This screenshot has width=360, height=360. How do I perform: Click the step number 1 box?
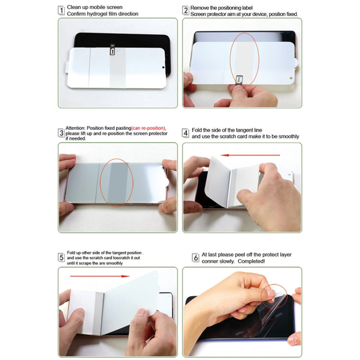coord(61,10)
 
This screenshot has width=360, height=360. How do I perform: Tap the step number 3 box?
coord(61,132)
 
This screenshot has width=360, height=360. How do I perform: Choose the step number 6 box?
coord(195,258)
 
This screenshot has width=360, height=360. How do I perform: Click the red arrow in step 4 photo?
coord(252,155)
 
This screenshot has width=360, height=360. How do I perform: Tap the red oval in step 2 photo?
coord(245,59)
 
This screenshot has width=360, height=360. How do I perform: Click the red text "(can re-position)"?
coord(148,128)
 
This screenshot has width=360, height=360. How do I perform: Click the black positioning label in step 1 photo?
coord(112,50)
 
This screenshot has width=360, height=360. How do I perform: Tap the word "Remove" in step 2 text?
coord(199,8)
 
